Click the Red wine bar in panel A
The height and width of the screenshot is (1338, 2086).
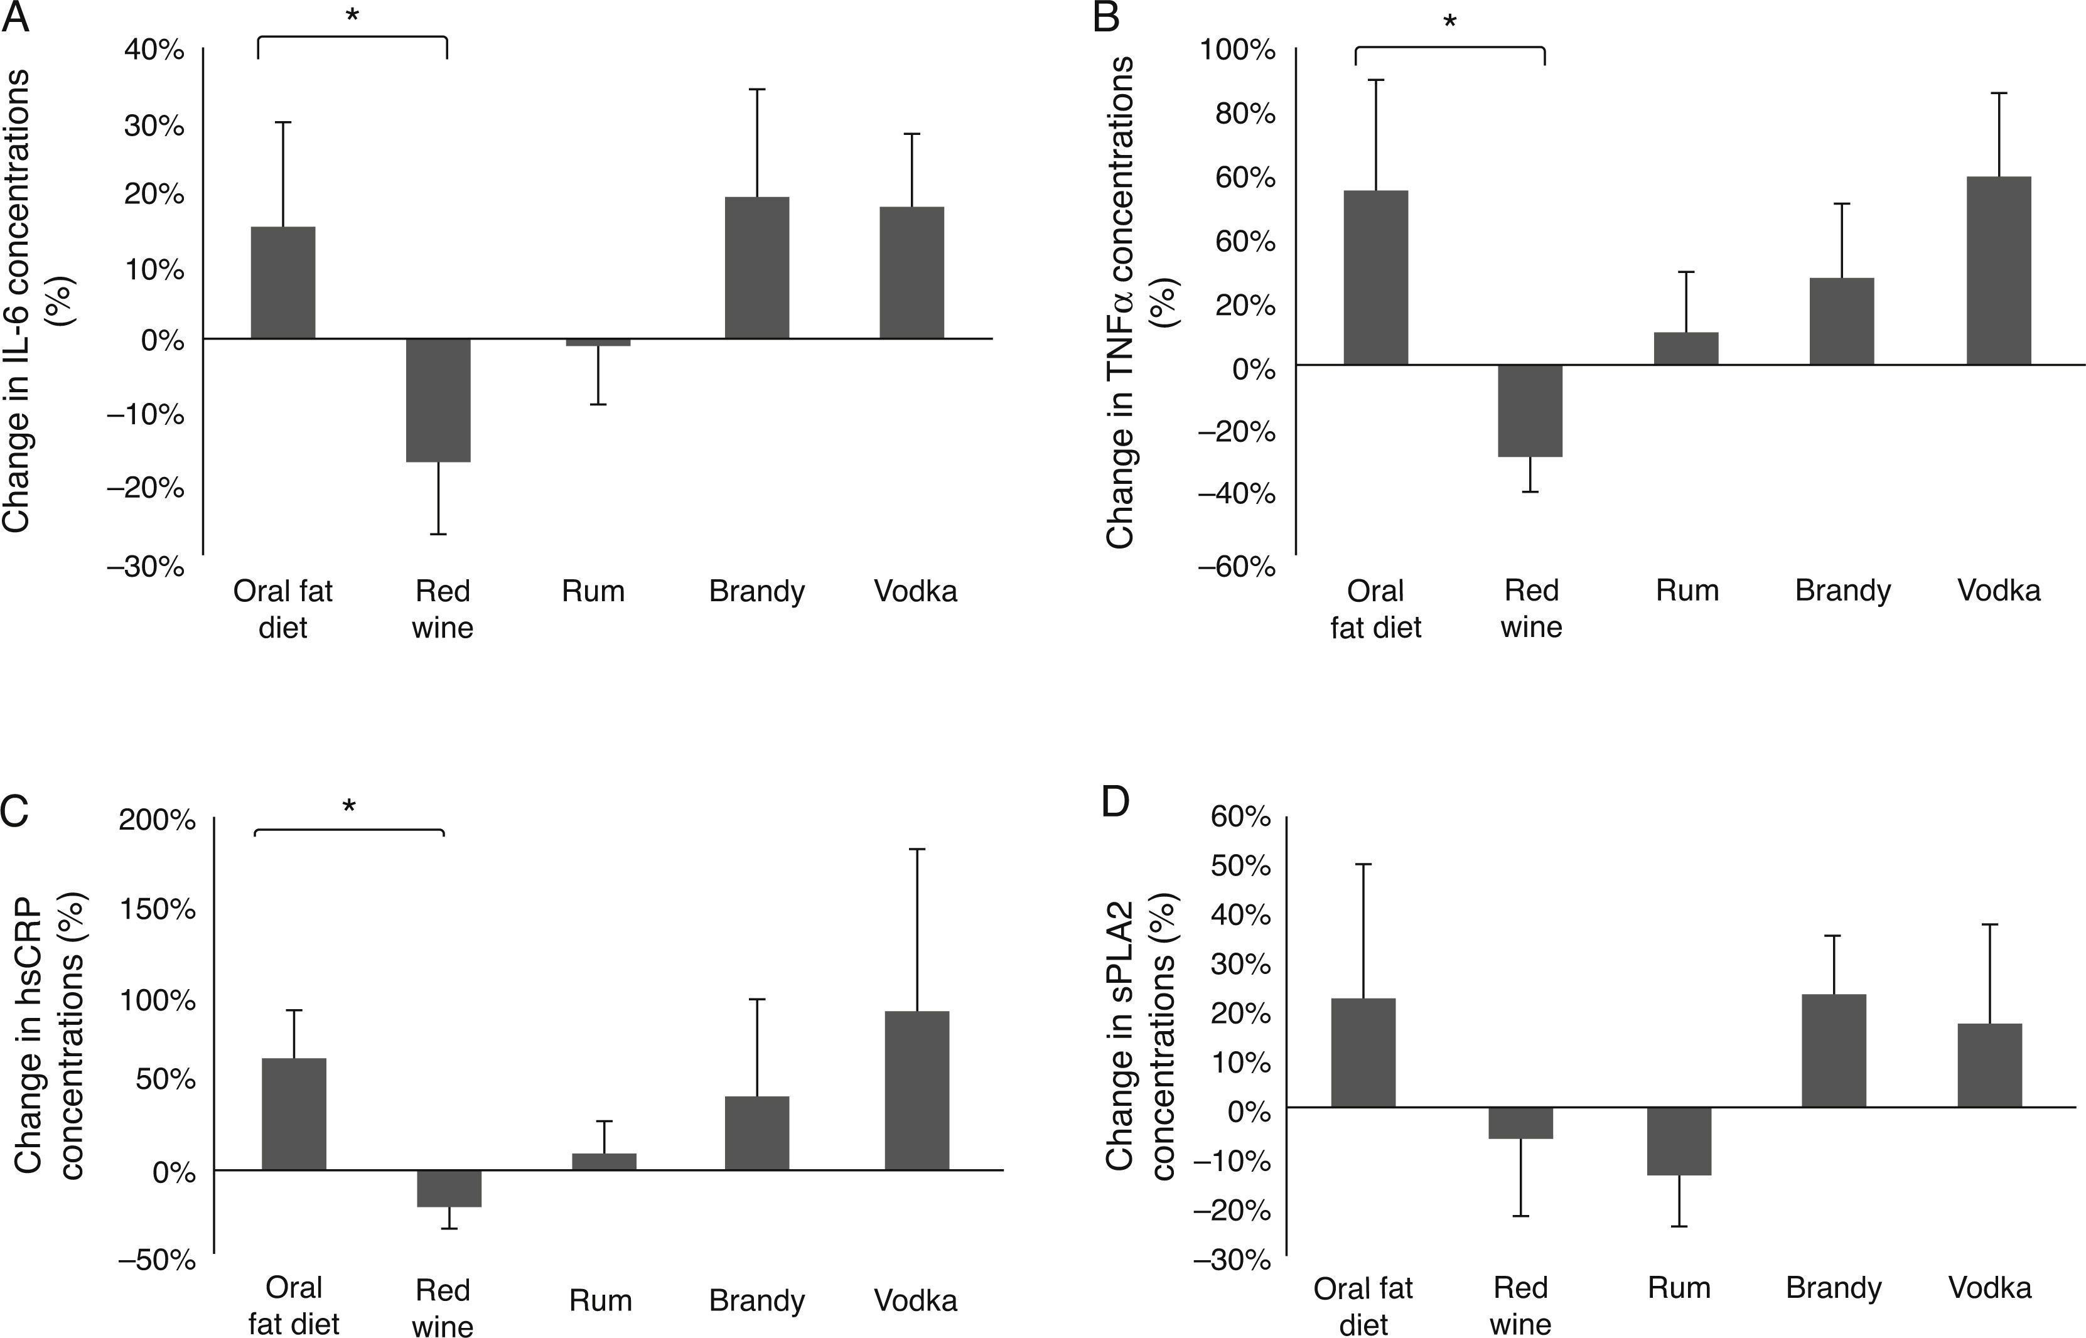(x=438, y=400)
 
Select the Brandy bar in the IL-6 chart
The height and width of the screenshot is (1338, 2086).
(x=756, y=267)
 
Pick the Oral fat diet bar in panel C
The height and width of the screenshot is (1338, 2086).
(x=294, y=1114)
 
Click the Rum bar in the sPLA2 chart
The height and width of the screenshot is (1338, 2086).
(x=1679, y=1141)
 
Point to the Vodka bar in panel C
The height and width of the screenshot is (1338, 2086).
(x=917, y=1090)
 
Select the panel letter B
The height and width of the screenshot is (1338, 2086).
(x=1106, y=18)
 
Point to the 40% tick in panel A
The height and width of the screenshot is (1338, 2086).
(x=154, y=50)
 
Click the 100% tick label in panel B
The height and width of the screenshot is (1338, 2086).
(x=1237, y=50)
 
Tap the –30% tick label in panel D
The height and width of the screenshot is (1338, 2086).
(x=1232, y=1259)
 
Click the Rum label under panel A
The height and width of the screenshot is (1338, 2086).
(x=593, y=591)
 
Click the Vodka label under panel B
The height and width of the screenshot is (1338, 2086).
(x=1998, y=591)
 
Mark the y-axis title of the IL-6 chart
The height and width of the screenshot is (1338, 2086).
(x=39, y=300)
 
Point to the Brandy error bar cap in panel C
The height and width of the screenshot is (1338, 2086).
(x=756, y=999)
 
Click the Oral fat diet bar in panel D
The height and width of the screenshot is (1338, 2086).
(x=1363, y=1052)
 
